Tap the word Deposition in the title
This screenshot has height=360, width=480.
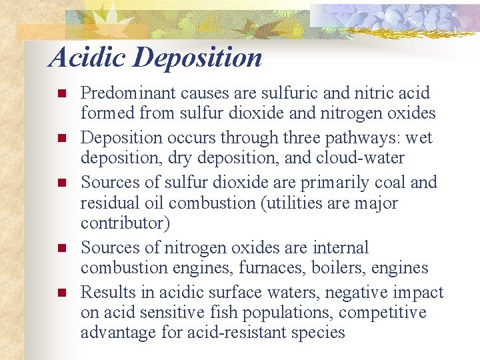(x=197, y=59)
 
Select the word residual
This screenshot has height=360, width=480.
(x=107, y=202)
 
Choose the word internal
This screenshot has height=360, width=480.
(x=336, y=248)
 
